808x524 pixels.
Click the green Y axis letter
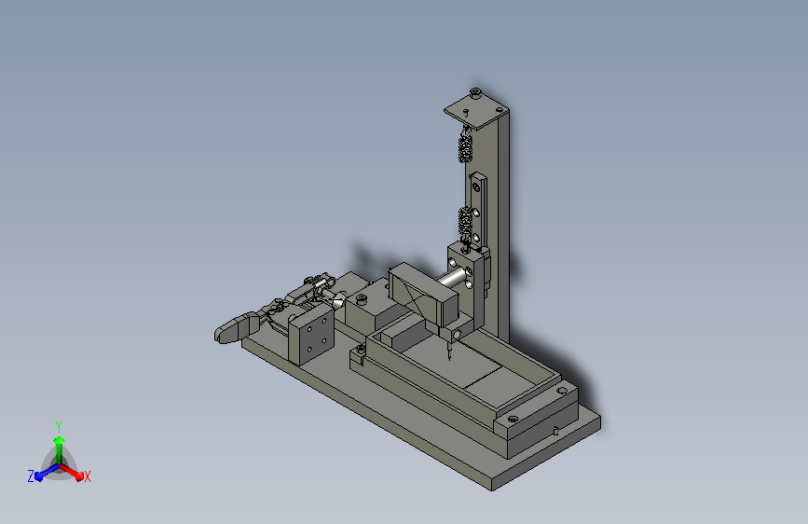pos(59,426)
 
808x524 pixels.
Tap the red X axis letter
pos(87,477)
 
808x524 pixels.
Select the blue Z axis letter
pos(31,476)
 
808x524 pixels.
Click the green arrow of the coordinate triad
pos(59,449)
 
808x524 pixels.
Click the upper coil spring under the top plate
pos(465,146)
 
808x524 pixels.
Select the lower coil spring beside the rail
pos(466,222)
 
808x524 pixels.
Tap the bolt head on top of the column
pos(475,93)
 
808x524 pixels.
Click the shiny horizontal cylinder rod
pos(451,278)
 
